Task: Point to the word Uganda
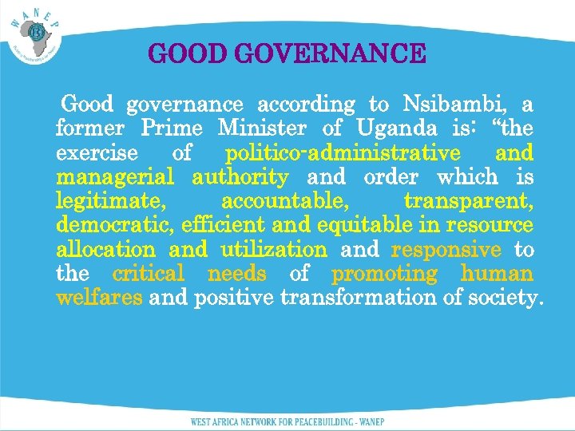[396, 129]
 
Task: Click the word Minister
[261, 129]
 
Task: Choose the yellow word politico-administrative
[343, 152]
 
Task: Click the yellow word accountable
[284, 202]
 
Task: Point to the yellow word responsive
[446, 250]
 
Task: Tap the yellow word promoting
[385, 275]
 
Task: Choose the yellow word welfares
[99, 299]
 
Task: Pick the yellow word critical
[149, 275]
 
